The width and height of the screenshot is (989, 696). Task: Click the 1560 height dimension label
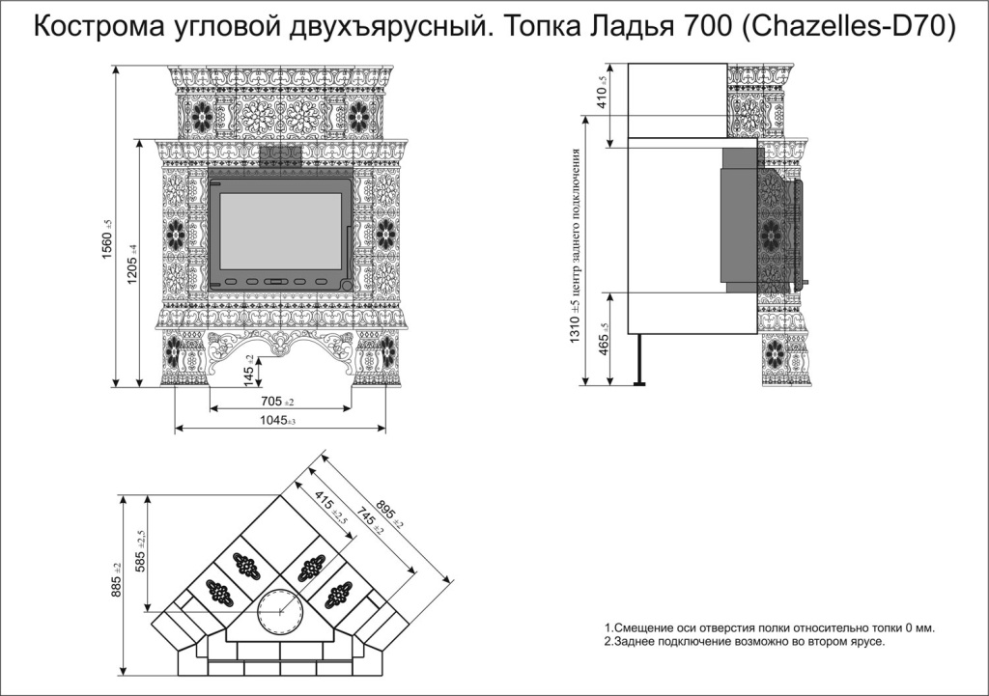tap(106, 238)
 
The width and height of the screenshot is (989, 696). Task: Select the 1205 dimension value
tap(132, 264)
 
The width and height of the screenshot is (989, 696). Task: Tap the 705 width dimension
tap(278, 401)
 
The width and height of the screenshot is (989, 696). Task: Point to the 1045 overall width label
tap(278, 421)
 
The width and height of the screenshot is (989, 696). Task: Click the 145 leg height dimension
tap(249, 371)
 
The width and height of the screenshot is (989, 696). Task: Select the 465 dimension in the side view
tap(603, 340)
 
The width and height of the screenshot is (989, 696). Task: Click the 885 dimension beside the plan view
tap(116, 580)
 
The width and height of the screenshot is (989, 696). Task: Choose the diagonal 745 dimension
tap(368, 519)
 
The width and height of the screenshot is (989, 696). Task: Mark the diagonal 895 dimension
tap(389, 511)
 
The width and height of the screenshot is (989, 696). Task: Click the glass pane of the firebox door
tap(281, 232)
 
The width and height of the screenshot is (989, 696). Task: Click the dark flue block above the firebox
tap(280, 156)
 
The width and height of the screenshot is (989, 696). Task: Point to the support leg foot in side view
tap(639, 382)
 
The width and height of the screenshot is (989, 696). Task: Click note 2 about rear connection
tap(745, 643)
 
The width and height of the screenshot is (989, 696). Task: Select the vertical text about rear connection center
tap(576, 246)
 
